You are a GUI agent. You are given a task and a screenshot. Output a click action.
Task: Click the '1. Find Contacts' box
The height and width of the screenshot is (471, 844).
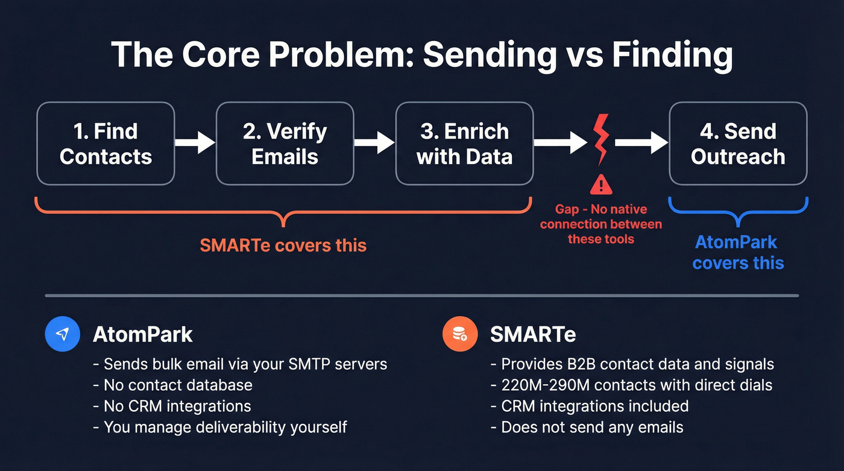click(105, 144)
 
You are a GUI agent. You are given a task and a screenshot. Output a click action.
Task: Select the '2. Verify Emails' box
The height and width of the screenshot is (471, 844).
click(285, 144)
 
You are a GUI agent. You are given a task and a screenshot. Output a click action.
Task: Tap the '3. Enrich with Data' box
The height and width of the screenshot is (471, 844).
click(464, 144)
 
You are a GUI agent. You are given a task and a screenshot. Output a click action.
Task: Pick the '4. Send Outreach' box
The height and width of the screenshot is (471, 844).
click(738, 144)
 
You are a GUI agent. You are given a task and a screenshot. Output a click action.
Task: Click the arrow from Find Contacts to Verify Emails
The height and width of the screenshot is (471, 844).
click(195, 143)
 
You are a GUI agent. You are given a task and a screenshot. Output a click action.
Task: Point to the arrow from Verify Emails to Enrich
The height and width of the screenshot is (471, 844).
click(374, 143)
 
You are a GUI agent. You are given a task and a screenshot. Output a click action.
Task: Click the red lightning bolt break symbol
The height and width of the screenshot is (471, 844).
click(601, 139)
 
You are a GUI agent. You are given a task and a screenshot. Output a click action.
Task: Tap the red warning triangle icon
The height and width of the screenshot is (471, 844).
click(601, 184)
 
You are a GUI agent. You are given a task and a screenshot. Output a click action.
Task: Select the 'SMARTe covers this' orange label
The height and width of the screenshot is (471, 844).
click(283, 245)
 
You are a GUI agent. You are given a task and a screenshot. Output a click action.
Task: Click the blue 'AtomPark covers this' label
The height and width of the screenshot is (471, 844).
click(738, 253)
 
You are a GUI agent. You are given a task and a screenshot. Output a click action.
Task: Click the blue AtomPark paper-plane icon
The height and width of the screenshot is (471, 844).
click(63, 334)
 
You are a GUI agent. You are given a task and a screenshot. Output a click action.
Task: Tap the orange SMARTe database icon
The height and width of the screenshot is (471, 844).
click(460, 334)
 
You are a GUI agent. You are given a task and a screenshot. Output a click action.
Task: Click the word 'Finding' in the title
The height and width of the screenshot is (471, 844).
click(672, 55)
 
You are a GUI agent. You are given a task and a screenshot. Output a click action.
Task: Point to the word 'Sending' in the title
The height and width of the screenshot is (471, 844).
click(490, 55)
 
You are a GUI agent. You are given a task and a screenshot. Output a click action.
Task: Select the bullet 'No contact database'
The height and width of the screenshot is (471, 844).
click(178, 385)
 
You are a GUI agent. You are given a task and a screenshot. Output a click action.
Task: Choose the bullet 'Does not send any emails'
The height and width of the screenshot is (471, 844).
click(593, 428)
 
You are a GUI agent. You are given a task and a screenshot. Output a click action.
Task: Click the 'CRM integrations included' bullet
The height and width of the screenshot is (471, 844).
click(595, 406)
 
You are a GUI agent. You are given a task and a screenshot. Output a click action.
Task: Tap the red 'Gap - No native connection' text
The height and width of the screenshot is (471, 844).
click(601, 224)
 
